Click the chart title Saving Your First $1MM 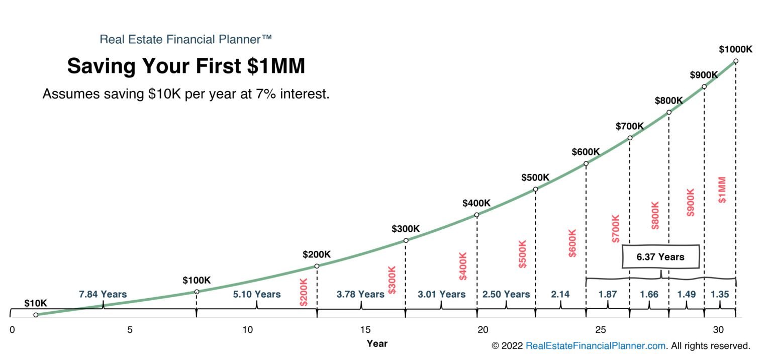pos(186,66)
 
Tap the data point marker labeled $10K pos(36,315)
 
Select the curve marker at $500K pos(535,190)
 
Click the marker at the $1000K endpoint pos(736,61)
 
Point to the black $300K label pos(406,229)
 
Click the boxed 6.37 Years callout pos(660,257)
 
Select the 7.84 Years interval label pos(103,294)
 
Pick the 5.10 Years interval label pos(256,294)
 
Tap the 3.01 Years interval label pos(441,294)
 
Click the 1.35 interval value pos(720,294)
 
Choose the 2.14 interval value pos(560,294)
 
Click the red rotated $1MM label pos(722,190)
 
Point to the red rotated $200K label pos(304,292)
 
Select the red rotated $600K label pos(572,243)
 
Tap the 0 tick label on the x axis pos(12,330)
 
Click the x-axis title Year pos(377,344)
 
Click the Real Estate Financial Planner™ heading pos(186,39)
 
